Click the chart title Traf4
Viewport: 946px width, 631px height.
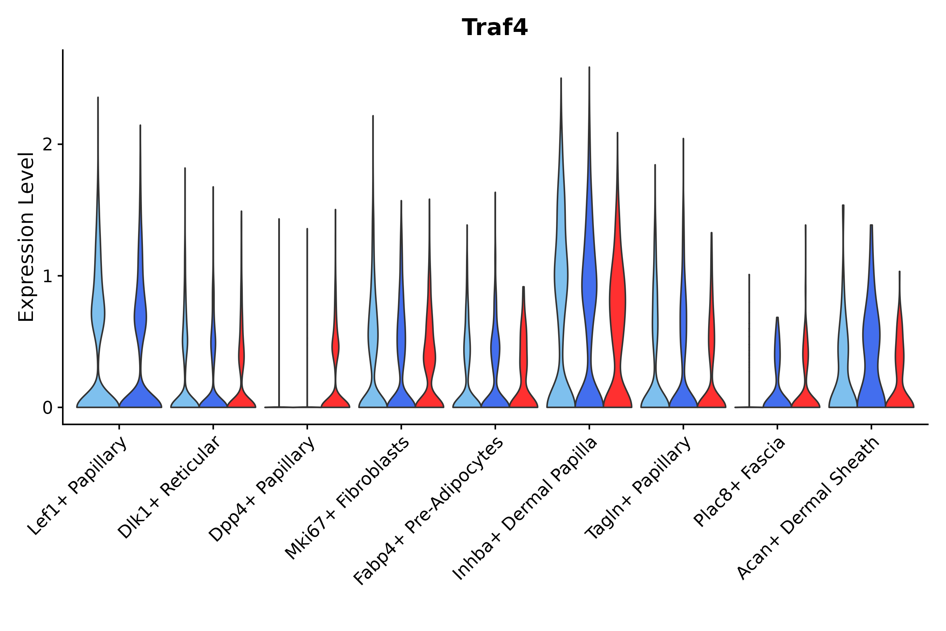tap(494, 28)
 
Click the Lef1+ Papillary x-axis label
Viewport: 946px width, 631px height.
tap(78, 487)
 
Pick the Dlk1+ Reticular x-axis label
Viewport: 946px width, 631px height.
tap(169, 488)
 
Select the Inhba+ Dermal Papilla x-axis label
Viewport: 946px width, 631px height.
tap(525, 509)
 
